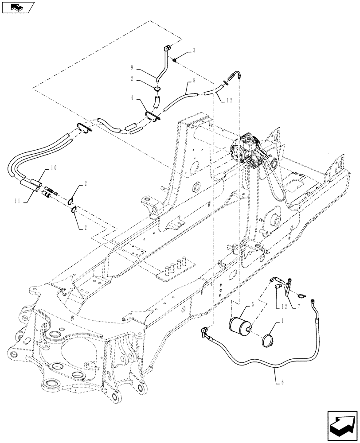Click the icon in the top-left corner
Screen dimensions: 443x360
(x=18, y=8)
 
